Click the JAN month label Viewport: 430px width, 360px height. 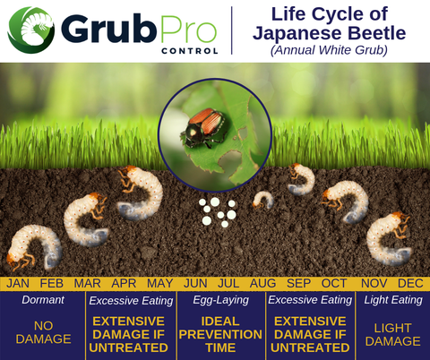18,283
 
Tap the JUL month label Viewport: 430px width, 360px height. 228,283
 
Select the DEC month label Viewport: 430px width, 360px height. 410,283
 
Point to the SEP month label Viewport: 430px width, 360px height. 298,283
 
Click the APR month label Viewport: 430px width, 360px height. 124,283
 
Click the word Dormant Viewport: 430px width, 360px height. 43,300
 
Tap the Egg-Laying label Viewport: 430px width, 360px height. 220,300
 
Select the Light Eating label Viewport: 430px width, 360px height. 393,300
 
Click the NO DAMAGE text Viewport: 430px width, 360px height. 43,332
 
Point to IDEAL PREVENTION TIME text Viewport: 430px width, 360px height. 220,334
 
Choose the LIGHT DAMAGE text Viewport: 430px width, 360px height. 392,335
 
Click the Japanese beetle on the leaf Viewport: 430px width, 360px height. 203,127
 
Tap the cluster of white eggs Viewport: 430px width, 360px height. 218,212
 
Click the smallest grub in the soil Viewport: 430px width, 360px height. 262,200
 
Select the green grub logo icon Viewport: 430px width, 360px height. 31,30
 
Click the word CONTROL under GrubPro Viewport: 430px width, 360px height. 190,51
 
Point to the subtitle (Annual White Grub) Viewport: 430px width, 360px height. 329,50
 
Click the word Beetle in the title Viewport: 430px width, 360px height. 377,33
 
